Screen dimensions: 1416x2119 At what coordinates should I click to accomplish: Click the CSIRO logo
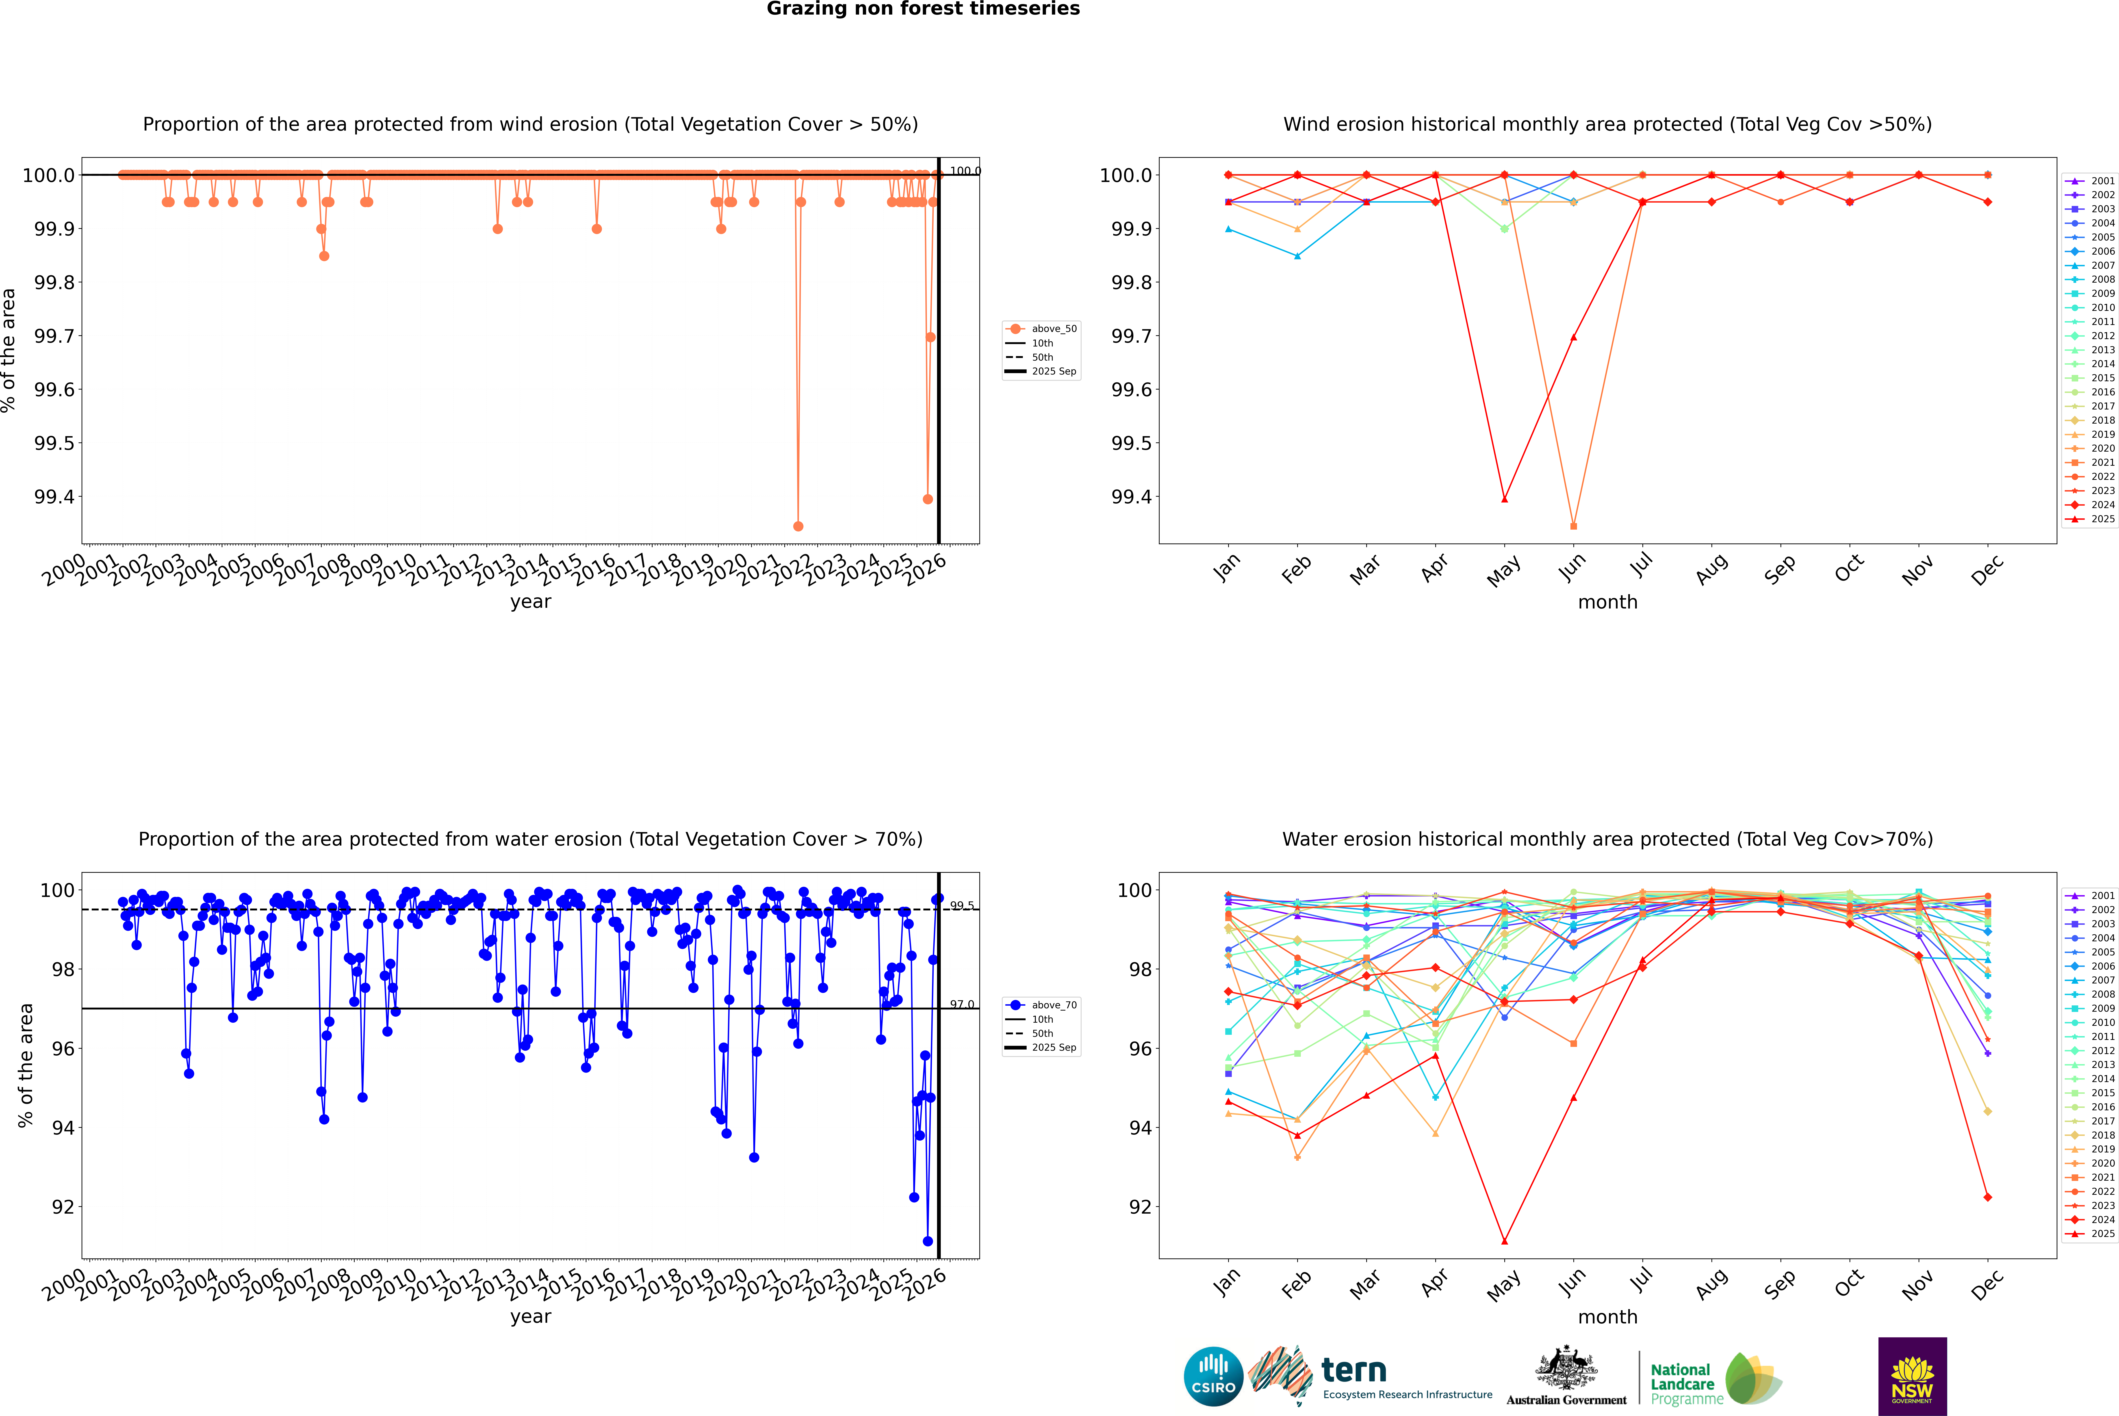(x=1213, y=1376)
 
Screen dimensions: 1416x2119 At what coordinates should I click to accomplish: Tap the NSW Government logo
(x=1912, y=1376)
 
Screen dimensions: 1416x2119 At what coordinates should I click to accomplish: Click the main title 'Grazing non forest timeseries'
(x=923, y=9)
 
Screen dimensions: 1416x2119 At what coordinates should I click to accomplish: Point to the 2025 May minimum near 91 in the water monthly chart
(x=1504, y=1241)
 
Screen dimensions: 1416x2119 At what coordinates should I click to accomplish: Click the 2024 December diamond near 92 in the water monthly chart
(x=1987, y=1197)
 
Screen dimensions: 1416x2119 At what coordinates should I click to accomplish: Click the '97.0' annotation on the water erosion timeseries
(x=962, y=1004)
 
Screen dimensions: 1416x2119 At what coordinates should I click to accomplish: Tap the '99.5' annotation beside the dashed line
(x=962, y=906)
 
